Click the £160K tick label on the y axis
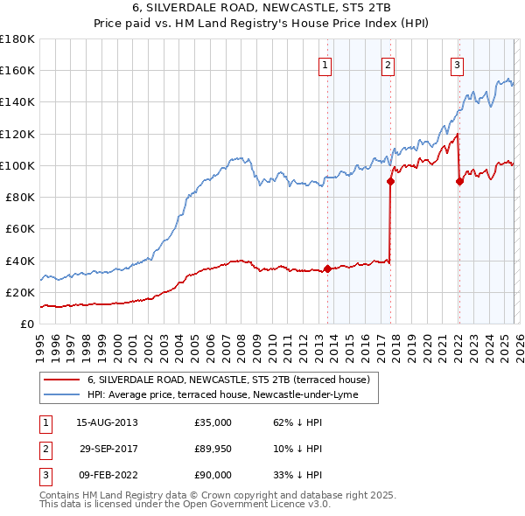coord(17,70)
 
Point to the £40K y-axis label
coord(20,261)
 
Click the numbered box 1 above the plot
coord(325,64)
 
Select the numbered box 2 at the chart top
coord(387,64)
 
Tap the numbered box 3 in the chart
coord(457,64)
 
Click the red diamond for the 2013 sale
coord(327,268)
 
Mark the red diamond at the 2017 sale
coord(390,182)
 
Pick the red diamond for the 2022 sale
coord(459,182)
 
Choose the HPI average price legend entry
coord(232,395)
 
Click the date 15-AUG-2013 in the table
coord(107,422)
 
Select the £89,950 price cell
coord(213,449)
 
